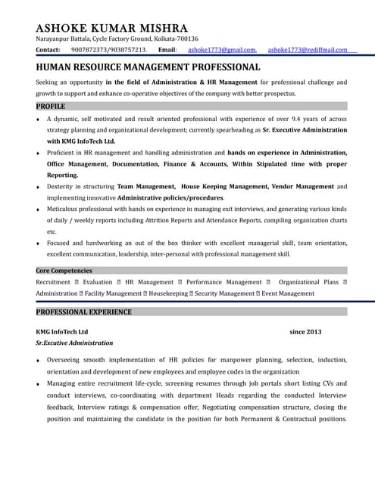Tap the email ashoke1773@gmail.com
222,50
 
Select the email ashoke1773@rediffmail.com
308,50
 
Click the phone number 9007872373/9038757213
109,50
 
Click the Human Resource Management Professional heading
148,67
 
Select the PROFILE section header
51,107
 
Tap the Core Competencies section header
64,271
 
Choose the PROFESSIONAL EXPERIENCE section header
84,312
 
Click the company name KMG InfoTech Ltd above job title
62,331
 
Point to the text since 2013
305,331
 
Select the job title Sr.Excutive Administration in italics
74,343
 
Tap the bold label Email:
167,50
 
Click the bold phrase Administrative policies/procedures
170,197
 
